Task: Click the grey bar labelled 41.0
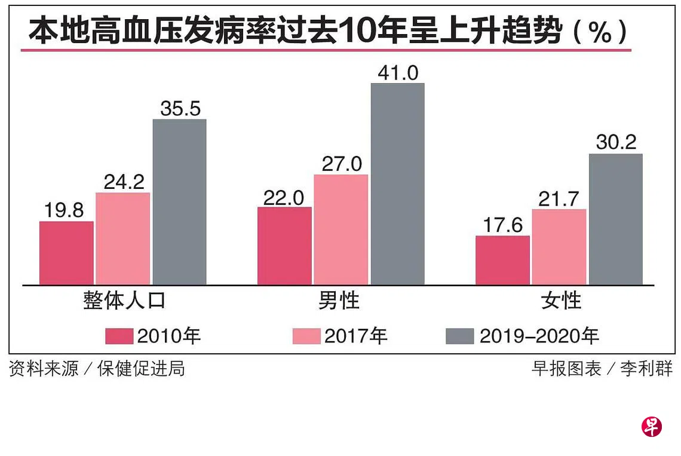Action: point(397,183)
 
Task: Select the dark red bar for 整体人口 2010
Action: point(66,253)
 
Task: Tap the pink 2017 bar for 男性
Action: point(340,229)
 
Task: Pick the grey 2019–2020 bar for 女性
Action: point(616,219)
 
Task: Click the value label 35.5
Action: point(180,109)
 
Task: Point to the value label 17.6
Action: point(502,225)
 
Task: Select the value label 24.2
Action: point(123,182)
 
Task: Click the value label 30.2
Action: point(616,143)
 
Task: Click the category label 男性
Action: point(339,301)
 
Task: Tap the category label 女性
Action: point(561,301)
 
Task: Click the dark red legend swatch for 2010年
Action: point(119,336)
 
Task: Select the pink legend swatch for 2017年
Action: point(306,336)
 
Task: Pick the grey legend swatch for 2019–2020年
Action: point(459,336)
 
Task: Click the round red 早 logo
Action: point(651,426)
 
